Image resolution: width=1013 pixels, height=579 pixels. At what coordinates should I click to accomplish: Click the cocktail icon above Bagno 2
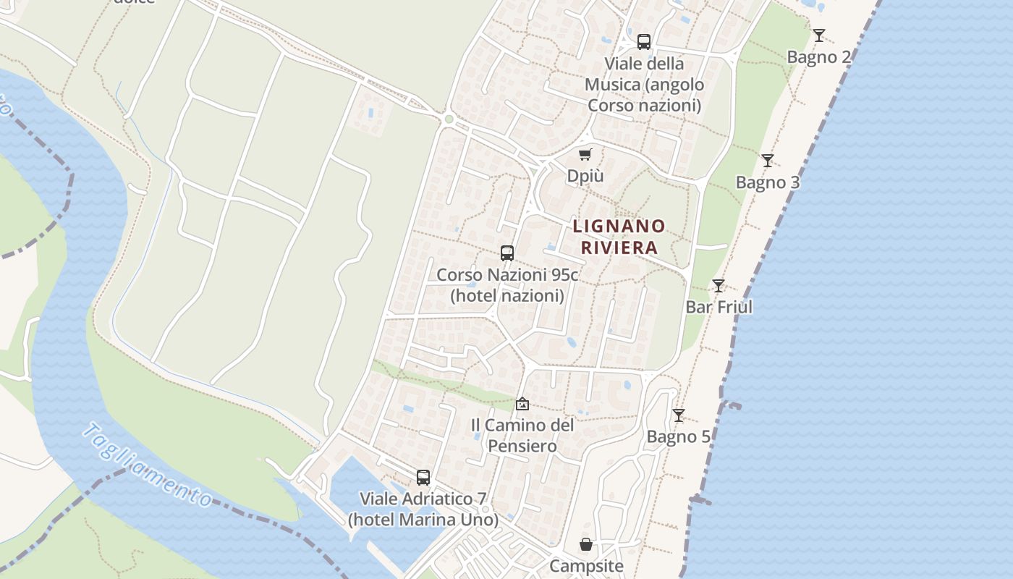(x=818, y=35)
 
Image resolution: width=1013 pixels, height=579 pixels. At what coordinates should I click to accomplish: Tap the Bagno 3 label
(x=768, y=182)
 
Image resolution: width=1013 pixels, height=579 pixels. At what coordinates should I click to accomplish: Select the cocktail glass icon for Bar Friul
(x=719, y=286)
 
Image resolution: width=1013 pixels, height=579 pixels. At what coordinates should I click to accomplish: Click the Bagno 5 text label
(x=678, y=437)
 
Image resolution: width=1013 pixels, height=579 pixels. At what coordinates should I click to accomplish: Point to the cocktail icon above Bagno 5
(x=678, y=415)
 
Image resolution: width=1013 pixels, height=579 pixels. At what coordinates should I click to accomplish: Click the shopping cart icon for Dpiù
(x=585, y=154)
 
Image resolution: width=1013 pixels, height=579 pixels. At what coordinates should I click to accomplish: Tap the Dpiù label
(x=585, y=177)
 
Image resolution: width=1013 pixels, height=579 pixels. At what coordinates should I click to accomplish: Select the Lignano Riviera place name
(x=619, y=237)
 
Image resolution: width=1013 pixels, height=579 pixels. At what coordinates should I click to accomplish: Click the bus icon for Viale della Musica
(x=644, y=42)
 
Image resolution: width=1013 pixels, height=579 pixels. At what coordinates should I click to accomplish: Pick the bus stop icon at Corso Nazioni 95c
(x=507, y=253)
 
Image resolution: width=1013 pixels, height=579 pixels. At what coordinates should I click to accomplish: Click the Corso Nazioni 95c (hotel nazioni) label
(x=507, y=285)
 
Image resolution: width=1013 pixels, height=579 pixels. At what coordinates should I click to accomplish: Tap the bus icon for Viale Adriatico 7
(x=423, y=478)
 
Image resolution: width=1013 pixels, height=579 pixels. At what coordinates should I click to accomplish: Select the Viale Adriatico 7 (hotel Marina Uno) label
(x=423, y=510)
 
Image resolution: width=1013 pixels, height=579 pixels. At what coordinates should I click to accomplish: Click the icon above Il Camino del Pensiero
(x=522, y=404)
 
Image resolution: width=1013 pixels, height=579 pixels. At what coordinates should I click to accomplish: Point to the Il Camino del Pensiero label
(x=522, y=435)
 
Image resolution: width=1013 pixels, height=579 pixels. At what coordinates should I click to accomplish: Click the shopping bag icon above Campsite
(x=586, y=544)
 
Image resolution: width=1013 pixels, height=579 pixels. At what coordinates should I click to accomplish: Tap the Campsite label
(x=586, y=566)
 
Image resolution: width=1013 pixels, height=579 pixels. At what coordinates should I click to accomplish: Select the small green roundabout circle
(x=449, y=119)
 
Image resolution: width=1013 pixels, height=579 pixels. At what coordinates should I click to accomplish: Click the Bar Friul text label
(x=719, y=307)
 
